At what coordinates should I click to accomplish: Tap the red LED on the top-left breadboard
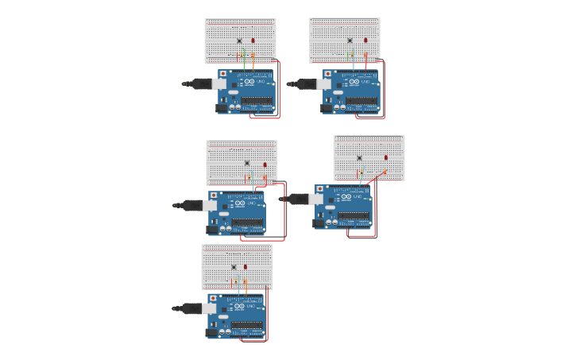coord(253,40)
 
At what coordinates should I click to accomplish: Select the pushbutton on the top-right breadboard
coord(350,40)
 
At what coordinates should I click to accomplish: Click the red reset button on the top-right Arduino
coord(327,74)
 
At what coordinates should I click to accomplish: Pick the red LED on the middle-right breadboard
coord(386,157)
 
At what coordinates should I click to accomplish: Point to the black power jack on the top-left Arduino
coord(222,108)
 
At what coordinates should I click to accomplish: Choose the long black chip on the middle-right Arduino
coord(354,215)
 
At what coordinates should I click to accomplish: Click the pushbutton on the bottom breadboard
coord(234,266)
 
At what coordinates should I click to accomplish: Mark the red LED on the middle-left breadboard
coord(265,165)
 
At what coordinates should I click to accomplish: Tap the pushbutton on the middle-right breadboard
coord(359,157)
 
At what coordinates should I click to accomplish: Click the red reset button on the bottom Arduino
coord(213,299)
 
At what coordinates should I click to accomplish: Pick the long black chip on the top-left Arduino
coord(257,101)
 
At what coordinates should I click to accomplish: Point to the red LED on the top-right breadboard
coord(365,40)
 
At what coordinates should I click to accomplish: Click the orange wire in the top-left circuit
coord(253,62)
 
